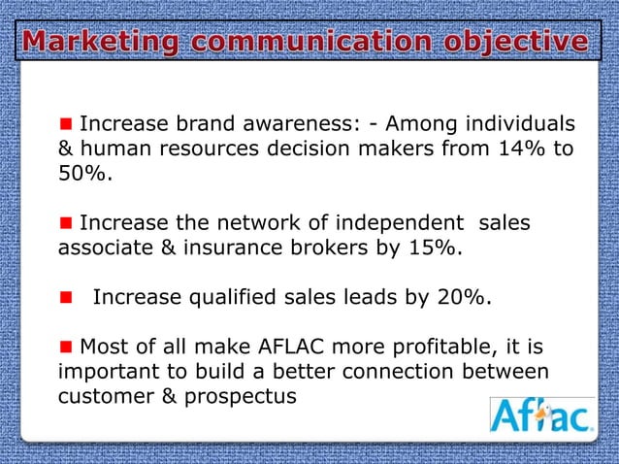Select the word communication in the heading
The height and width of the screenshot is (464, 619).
(309, 43)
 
